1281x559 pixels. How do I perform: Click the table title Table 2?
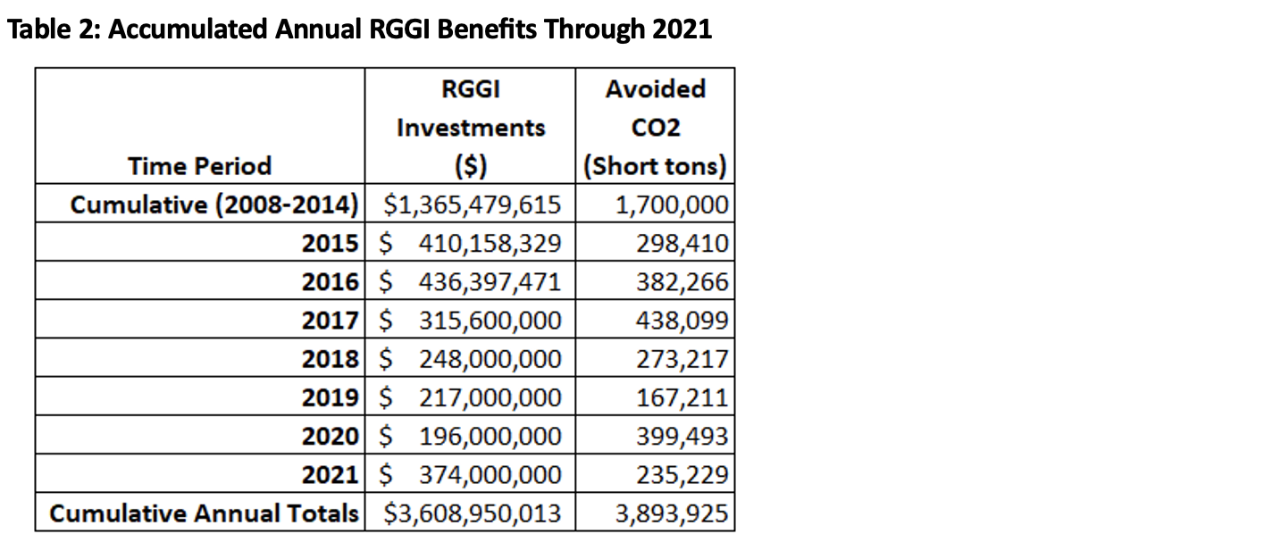[359, 29]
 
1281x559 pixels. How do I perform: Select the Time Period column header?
[199, 166]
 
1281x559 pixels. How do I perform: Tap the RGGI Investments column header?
[470, 127]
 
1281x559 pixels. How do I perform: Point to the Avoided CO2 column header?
[655, 127]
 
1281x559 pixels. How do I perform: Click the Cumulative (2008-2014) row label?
[214, 204]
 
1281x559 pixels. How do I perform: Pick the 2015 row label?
[330, 243]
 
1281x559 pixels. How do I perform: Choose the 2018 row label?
[330, 359]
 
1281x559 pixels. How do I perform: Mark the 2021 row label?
[330, 475]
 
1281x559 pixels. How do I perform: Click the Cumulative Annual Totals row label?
[205, 513]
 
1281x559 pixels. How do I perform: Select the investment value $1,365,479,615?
[472, 204]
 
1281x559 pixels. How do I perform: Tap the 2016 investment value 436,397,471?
[490, 282]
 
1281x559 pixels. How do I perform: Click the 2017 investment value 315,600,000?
[490, 321]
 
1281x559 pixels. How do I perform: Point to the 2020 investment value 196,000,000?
[490, 437]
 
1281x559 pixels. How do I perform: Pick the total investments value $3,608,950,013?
[472, 513]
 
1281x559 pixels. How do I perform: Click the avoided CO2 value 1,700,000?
[672, 204]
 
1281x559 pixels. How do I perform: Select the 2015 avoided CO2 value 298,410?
[682, 243]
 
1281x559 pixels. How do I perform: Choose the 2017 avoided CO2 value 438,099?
[682, 321]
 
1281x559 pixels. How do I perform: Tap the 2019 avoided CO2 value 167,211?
[682, 397]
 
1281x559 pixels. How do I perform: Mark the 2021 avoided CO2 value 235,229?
[682, 475]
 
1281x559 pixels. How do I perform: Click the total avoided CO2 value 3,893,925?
[672, 513]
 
